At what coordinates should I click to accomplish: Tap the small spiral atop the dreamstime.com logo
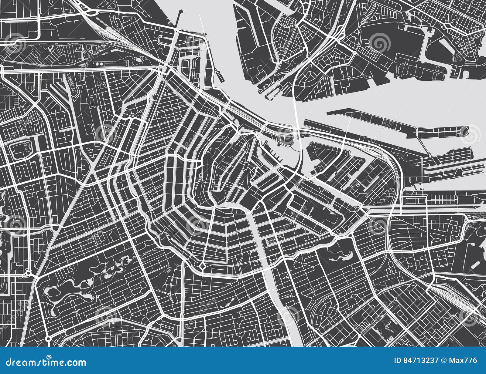coord(49,357)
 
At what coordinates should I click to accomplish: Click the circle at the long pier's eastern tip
coord(464,131)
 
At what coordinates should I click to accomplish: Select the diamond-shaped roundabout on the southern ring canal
coord(202,266)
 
